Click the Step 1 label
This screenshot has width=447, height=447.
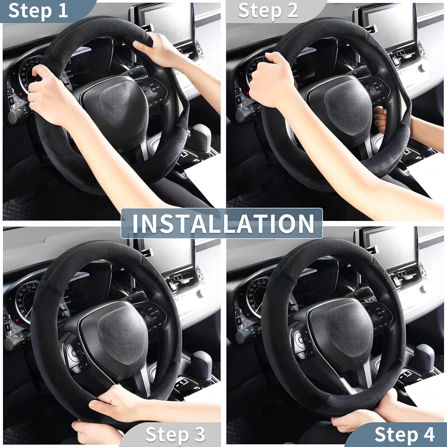click(38, 11)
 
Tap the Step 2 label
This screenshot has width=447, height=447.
click(268, 11)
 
